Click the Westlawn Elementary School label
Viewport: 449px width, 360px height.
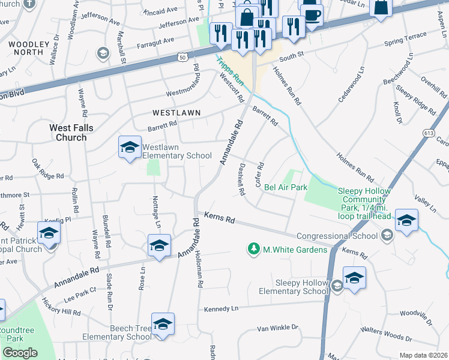pos(177,151)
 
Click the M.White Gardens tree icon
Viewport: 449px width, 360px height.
pos(254,248)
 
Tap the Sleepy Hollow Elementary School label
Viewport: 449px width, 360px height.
pos(294,287)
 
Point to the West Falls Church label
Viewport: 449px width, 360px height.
pos(68,133)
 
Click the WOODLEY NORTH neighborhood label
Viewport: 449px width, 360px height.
pos(26,48)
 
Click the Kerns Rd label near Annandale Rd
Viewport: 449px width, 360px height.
pos(219,218)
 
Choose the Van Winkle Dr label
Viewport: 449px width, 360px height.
pos(277,328)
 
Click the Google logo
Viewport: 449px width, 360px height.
pos(20,352)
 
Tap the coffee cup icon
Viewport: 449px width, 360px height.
pos(312,14)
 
